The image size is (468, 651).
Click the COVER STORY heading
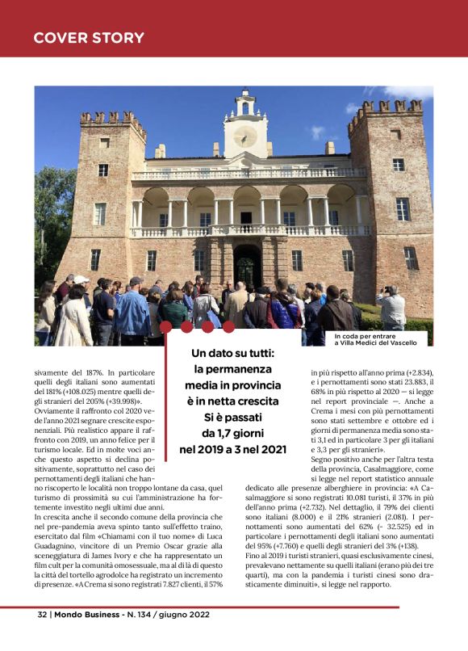tap(89, 38)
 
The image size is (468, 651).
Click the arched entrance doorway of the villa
tap(247, 266)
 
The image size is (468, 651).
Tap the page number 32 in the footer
tap(41, 614)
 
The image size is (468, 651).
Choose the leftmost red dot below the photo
tap(167, 326)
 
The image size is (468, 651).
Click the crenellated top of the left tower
tap(112, 120)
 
